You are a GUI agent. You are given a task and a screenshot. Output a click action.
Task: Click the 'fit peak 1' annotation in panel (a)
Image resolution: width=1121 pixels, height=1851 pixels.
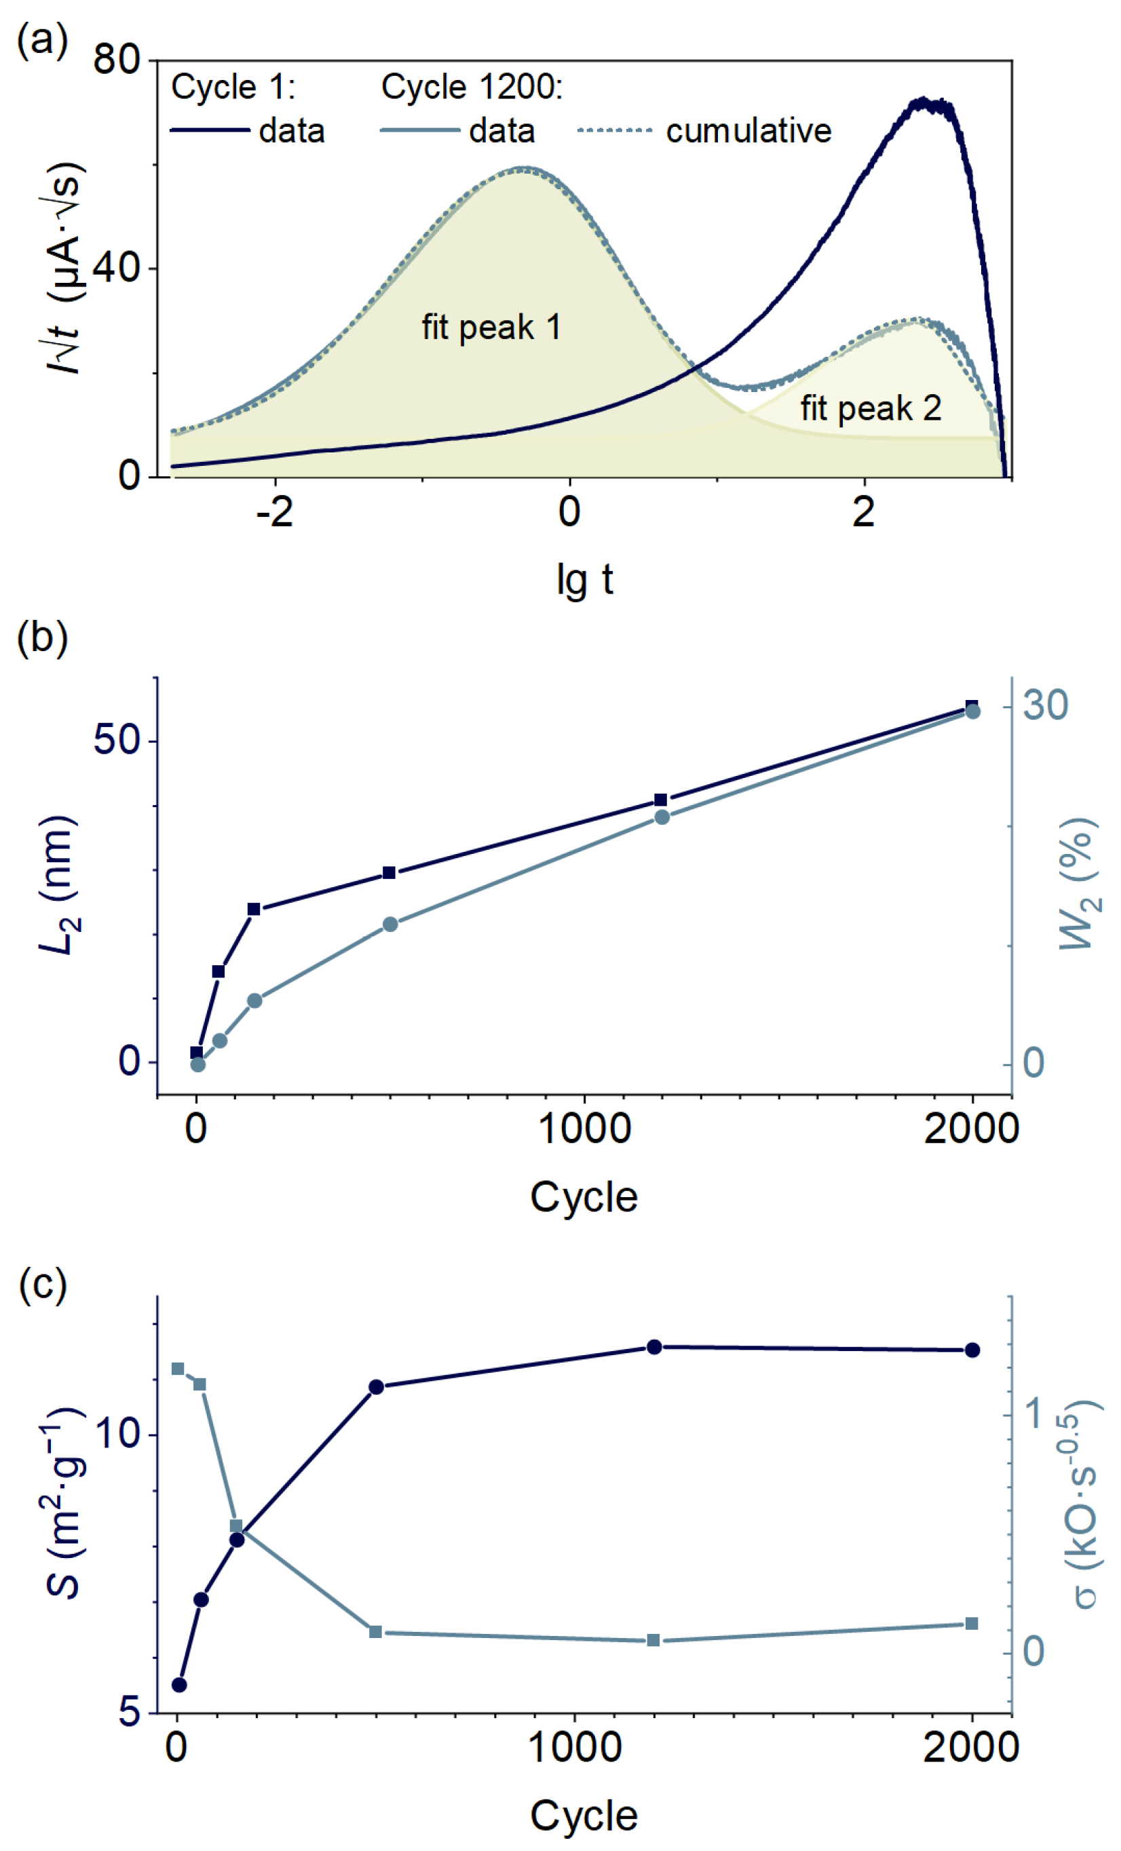(491, 328)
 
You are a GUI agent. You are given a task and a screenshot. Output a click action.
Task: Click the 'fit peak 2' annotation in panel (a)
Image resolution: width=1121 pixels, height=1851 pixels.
(870, 409)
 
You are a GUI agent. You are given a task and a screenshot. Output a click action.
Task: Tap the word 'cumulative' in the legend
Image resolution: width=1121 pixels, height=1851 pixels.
(748, 131)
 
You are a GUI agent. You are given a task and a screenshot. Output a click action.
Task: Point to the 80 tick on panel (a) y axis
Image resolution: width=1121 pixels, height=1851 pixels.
(117, 58)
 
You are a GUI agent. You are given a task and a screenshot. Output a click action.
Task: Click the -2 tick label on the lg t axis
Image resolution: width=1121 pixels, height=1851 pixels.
(274, 512)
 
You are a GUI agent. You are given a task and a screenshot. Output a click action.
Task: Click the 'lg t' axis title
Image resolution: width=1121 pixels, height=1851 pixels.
(584, 579)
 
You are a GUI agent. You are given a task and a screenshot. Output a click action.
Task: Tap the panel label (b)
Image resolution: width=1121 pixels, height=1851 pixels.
(42, 638)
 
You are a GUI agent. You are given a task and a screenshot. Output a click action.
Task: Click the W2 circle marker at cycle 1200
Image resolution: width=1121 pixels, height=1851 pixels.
(662, 817)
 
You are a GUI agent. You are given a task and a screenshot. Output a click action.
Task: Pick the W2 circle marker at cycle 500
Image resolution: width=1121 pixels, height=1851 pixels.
(390, 924)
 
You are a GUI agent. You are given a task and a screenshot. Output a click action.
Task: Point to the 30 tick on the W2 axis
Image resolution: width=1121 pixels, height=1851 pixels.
(1045, 705)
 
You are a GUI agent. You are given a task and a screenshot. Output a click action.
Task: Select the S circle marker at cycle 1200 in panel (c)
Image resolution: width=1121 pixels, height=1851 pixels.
(654, 1347)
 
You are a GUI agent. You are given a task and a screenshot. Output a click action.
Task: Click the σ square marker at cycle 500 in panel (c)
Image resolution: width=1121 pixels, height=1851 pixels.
(376, 1632)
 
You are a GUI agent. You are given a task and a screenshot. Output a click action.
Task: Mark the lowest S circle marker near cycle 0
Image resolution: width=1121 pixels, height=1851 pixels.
(179, 1685)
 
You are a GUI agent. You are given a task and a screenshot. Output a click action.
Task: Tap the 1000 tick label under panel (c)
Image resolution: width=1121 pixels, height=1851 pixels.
(575, 1747)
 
